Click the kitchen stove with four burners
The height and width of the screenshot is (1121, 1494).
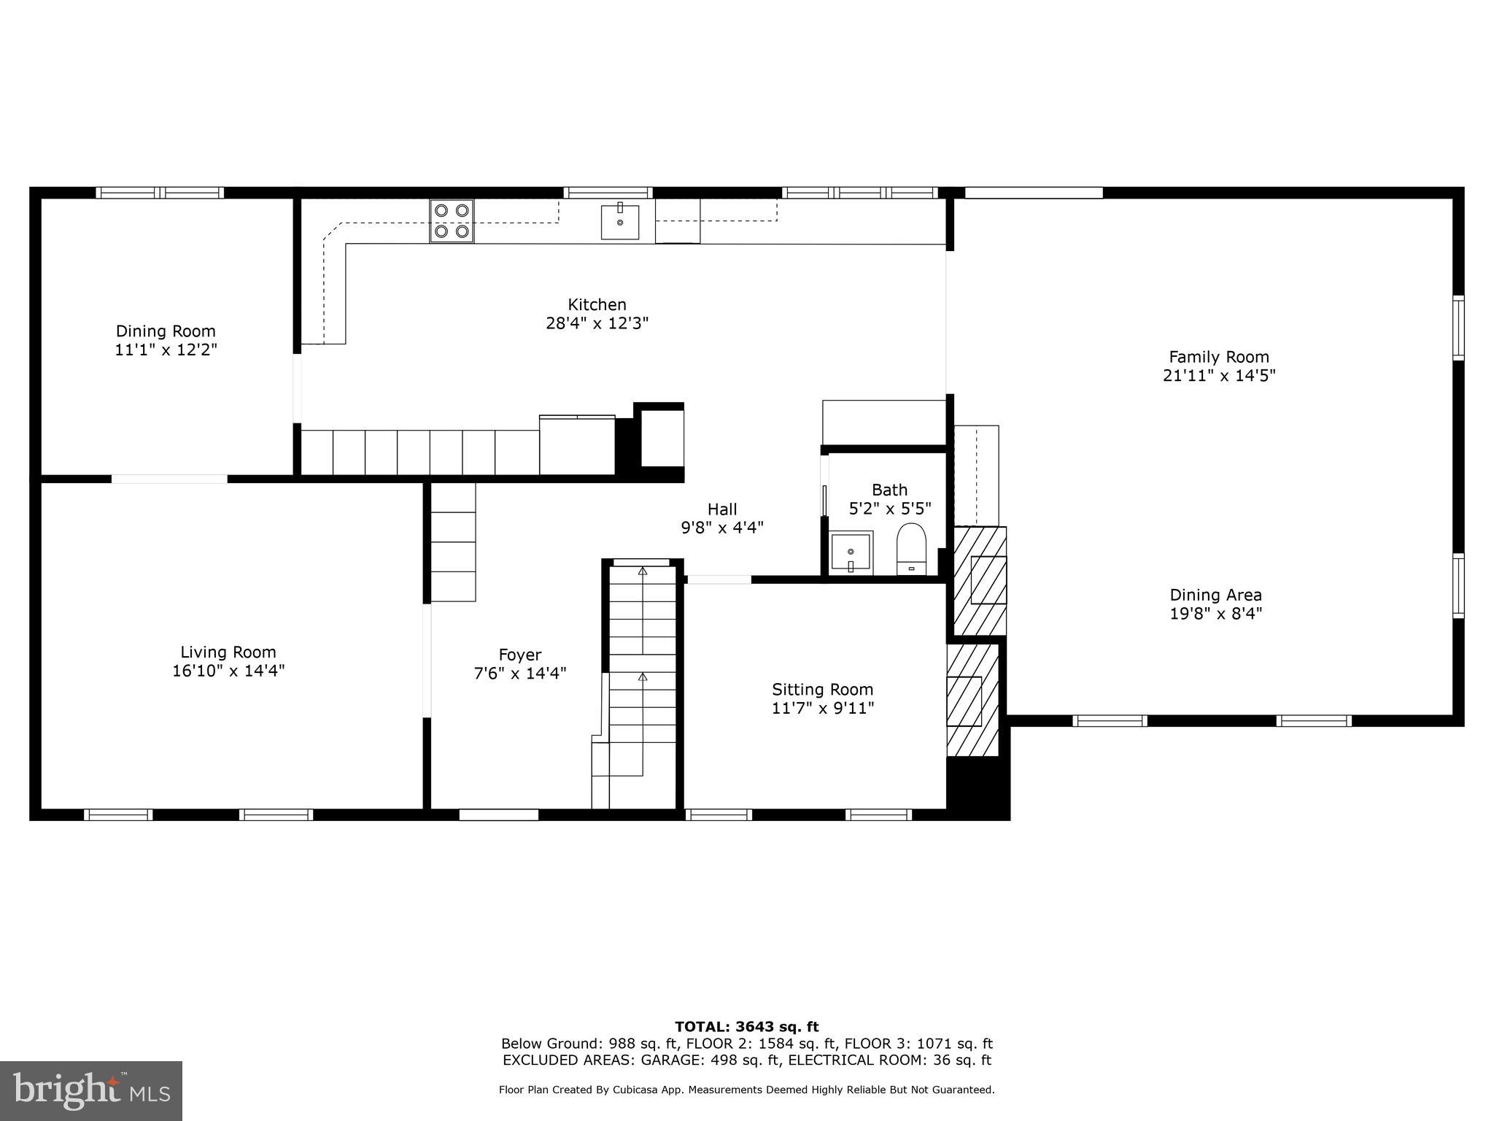point(452,220)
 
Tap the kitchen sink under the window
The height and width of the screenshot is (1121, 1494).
point(620,222)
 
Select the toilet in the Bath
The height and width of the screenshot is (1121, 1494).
point(911,549)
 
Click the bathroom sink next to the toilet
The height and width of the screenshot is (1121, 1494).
point(851,552)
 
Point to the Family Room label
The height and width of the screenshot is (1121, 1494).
point(1218,357)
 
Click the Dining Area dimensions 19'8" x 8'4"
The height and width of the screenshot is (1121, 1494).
point(1215,614)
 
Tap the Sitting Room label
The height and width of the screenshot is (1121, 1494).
point(822,689)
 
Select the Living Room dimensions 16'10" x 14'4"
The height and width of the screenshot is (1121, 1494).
point(228,671)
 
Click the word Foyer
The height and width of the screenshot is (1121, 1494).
point(519,655)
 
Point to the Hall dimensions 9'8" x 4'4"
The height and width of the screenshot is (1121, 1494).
point(721,528)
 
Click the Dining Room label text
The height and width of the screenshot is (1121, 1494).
point(166,331)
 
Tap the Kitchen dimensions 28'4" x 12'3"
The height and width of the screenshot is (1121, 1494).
point(597,323)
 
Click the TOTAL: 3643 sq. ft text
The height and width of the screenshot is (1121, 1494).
point(746,1027)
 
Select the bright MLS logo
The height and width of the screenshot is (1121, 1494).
point(91,1090)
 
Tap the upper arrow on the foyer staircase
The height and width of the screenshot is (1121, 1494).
point(643,571)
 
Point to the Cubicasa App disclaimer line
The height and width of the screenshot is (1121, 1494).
point(746,1090)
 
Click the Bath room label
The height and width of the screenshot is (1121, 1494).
point(889,490)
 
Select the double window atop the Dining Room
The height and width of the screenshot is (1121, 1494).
point(160,193)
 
